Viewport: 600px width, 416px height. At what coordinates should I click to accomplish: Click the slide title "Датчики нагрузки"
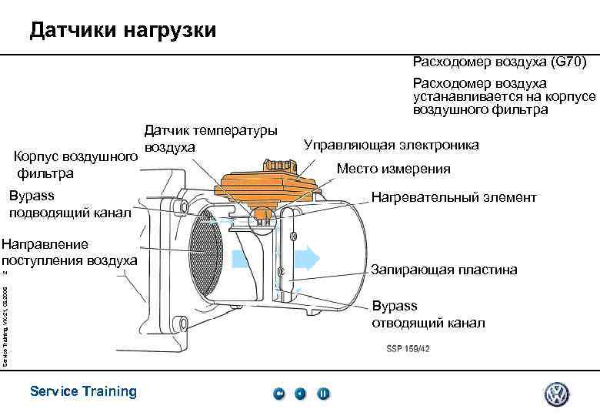tap(123, 31)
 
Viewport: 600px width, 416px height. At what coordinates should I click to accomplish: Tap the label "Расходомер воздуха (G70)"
tap(500, 61)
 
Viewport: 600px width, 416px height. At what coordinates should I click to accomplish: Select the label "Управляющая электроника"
tap(391, 145)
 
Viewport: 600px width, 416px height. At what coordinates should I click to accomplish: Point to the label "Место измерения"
tap(394, 169)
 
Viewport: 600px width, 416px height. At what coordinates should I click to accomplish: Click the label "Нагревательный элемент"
tap(454, 198)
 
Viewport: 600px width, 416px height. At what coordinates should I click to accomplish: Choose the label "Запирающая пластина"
tap(444, 270)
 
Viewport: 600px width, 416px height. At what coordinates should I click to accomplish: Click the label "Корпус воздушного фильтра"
tap(76, 166)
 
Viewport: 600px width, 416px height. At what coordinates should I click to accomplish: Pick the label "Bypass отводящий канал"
tap(428, 315)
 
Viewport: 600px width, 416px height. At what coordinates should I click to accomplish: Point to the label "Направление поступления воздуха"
tap(69, 253)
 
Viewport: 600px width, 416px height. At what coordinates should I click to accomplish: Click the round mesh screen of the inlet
tap(205, 250)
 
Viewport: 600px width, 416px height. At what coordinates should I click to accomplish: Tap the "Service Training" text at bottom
tap(83, 391)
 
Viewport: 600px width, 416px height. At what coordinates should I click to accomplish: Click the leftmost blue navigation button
tap(279, 394)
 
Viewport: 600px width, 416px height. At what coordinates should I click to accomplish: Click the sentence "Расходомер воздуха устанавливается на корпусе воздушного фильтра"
tap(504, 96)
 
